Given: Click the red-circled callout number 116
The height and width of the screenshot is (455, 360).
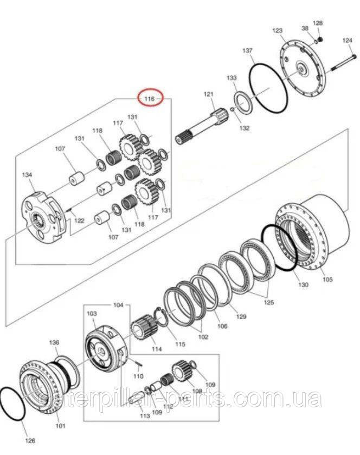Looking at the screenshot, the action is click(x=149, y=99).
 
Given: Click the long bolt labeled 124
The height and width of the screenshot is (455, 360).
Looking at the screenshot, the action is click(x=344, y=62).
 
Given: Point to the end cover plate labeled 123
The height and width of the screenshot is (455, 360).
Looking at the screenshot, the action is click(x=303, y=70).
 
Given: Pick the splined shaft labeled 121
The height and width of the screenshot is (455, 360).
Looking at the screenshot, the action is click(x=202, y=125).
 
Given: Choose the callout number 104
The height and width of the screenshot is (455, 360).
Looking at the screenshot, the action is click(x=118, y=305).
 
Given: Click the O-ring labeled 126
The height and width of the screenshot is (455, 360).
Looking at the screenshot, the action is click(x=13, y=404).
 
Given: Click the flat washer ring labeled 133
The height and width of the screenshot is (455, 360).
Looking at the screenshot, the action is click(x=243, y=105).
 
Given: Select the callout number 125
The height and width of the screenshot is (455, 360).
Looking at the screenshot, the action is click(x=269, y=302).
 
